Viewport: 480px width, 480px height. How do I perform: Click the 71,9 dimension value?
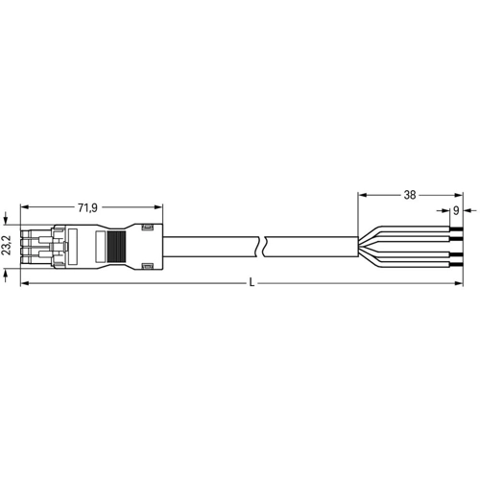[x=87, y=208]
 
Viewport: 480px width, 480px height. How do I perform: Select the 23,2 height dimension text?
[x=7, y=246]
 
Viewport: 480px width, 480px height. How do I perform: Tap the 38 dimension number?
[x=410, y=195]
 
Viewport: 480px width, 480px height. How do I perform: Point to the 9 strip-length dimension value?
[x=456, y=210]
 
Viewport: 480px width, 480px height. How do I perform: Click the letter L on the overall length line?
[x=252, y=283]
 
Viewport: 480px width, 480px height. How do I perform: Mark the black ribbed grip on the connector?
[x=116, y=247]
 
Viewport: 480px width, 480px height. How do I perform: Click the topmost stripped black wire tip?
[x=456, y=228]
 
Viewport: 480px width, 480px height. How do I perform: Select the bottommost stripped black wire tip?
[x=456, y=265]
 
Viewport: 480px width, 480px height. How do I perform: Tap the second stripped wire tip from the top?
[x=456, y=239]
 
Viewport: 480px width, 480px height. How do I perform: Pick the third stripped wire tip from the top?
[x=456, y=254]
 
